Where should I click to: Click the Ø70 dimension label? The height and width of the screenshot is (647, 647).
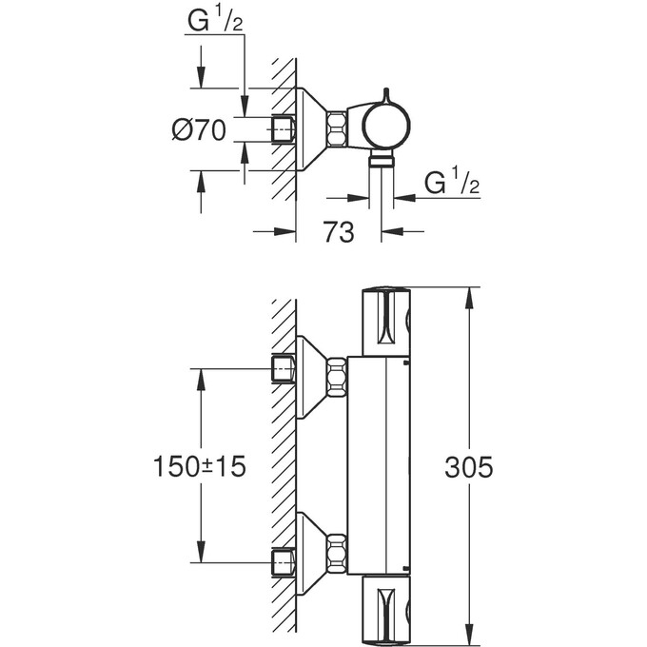coord(199,130)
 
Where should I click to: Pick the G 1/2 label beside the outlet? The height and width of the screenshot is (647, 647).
coord(448,183)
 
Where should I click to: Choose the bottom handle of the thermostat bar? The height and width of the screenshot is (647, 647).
coord(385,610)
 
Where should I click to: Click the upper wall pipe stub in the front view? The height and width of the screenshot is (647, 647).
coord(283,369)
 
